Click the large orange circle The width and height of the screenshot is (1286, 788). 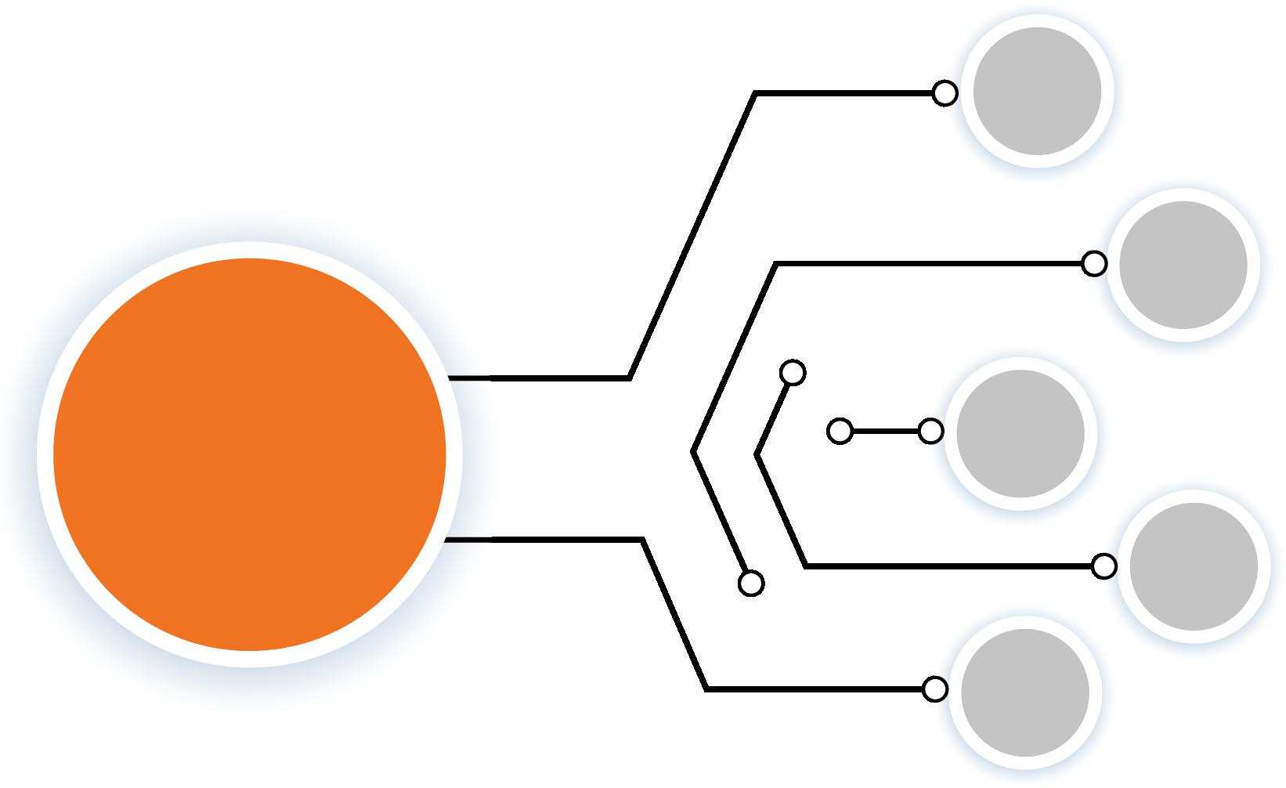(249, 454)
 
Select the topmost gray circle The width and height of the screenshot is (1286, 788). (1037, 91)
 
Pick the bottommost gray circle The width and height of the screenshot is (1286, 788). (1025, 692)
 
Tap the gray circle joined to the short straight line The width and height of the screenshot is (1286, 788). (1020, 433)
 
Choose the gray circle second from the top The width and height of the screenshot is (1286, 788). (1183, 264)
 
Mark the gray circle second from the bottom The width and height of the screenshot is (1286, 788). (1194, 566)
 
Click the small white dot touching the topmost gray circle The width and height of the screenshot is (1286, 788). (945, 93)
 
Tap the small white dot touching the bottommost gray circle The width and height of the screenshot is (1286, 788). (934, 689)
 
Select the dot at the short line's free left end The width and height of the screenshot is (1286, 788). (840, 431)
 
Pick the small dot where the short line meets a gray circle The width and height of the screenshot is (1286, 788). (930, 431)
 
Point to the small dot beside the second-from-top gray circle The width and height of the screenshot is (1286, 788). (1094, 264)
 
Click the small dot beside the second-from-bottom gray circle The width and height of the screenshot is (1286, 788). (1104, 566)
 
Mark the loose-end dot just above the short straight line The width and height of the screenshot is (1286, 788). (793, 373)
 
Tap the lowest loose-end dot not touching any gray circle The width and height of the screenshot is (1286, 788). (751, 583)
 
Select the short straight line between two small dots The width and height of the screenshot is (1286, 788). (885, 431)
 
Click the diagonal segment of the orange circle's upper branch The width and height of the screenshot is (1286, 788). (692, 235)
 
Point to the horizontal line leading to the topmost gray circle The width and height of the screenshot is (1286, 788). (846, 93)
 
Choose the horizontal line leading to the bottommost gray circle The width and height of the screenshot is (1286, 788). (815, 689)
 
